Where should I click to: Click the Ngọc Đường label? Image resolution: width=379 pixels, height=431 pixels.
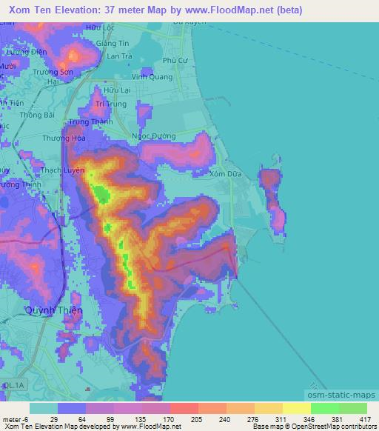coord(153,136)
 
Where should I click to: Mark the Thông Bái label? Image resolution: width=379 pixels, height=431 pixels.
coord(38,116)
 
